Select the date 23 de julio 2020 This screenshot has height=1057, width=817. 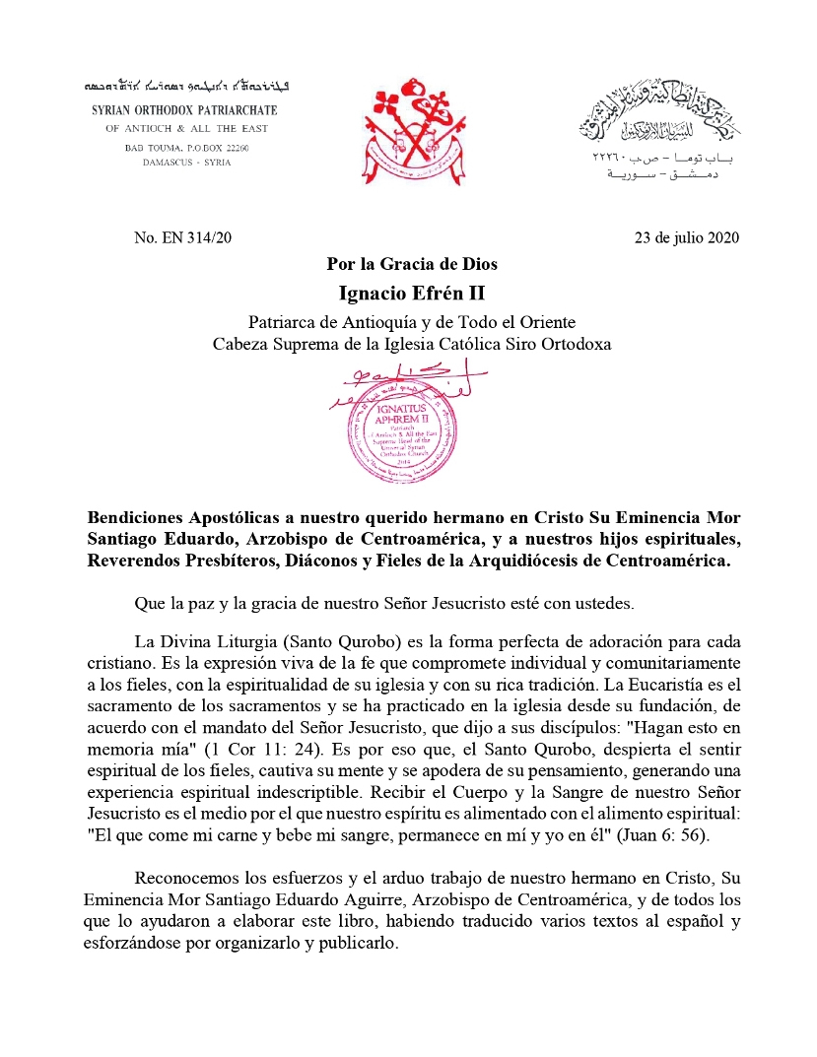(687, 236)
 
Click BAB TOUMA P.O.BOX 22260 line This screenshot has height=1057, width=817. (186, 147)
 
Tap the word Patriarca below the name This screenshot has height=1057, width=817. (280, 322)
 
